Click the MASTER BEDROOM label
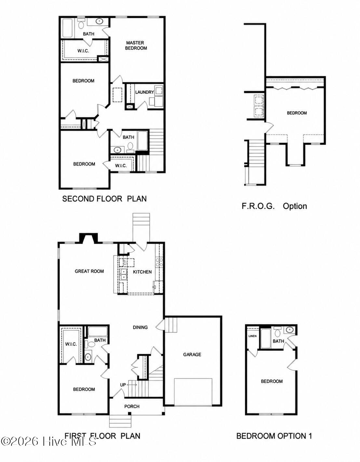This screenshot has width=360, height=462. [136, 45]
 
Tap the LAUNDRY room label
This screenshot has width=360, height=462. [144, 92]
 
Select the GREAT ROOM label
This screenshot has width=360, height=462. [89, 271]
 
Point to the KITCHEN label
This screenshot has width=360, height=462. [142, 272]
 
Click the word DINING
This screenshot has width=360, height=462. [140, 327]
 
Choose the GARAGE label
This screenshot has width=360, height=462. [192, 354]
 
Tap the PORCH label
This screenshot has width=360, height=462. [132, 406]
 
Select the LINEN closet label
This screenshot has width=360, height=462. [252, 336]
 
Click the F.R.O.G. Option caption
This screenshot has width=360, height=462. [274, 206]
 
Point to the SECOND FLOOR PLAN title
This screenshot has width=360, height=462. [104, 199]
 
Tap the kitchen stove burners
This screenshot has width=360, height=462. [159, 262]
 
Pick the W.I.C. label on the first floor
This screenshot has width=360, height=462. [71, 344]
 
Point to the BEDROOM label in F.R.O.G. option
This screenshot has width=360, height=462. [297, 113]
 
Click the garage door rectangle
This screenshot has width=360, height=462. [193, 391]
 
